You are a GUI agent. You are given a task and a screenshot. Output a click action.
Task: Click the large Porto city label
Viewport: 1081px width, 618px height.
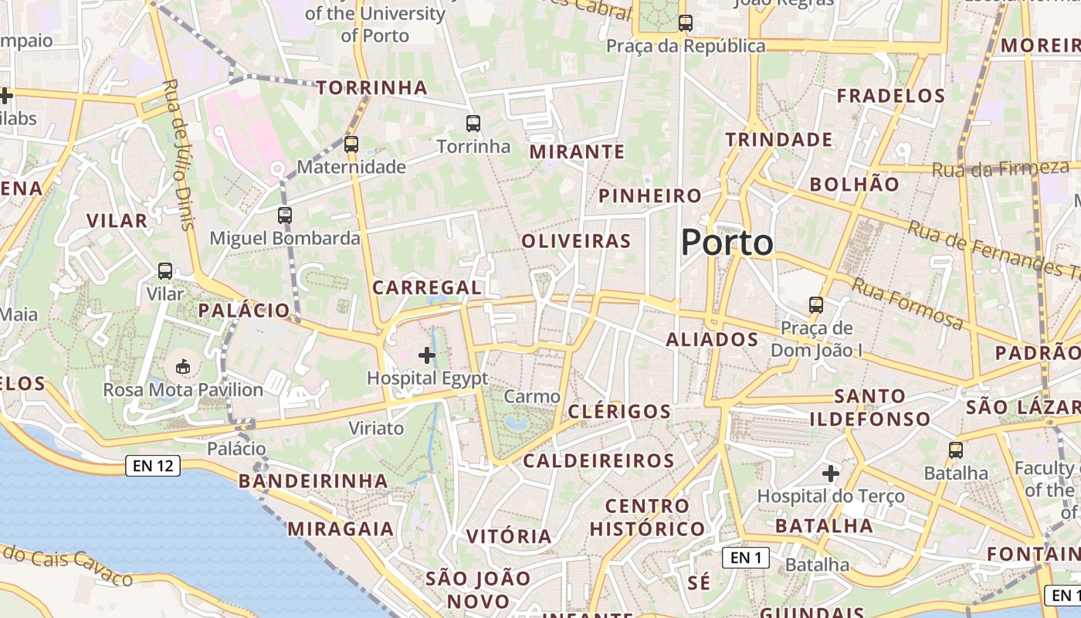click(727, 243)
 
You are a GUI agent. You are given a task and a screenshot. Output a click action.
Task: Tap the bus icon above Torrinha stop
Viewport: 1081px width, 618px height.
click(473, 123)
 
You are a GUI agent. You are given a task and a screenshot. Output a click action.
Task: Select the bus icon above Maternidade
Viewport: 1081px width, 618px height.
click(351, 144)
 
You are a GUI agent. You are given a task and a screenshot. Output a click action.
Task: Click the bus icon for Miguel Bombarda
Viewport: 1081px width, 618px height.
click(285, 215)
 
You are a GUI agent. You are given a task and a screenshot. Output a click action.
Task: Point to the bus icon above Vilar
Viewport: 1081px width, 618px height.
click(165, 271)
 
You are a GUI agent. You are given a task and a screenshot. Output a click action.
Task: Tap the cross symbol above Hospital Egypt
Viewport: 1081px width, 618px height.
click(426, 355)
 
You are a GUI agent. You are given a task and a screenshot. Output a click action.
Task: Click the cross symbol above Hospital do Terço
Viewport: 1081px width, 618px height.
click(831, 473)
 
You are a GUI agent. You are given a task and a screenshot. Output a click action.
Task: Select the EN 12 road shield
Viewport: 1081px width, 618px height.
click(153, 466)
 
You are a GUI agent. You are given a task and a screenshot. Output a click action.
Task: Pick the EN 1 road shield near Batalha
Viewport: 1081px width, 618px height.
click(746, 557)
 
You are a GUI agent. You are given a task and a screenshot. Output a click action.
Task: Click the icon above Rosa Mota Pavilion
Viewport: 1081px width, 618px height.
click(183, 366)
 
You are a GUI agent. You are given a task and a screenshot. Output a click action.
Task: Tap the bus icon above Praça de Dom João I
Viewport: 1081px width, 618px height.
click(816, 305)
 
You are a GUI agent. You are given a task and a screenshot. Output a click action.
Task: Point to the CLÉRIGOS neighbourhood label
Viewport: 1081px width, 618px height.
click(619, 411)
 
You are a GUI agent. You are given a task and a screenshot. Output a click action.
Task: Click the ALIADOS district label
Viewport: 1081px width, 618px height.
click(712, 339)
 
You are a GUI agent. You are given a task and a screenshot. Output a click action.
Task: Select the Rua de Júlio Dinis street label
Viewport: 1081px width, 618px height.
click(179, 154)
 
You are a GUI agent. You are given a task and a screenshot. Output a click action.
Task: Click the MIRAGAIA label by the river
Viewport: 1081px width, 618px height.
click(341, 529)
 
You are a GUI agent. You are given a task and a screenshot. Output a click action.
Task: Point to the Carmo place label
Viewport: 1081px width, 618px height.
click(532, 397)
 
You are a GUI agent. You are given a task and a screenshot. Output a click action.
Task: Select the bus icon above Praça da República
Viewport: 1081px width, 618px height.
click(686, 23)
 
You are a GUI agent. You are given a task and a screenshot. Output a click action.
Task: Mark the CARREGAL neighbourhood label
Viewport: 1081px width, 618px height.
click(427, 287)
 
